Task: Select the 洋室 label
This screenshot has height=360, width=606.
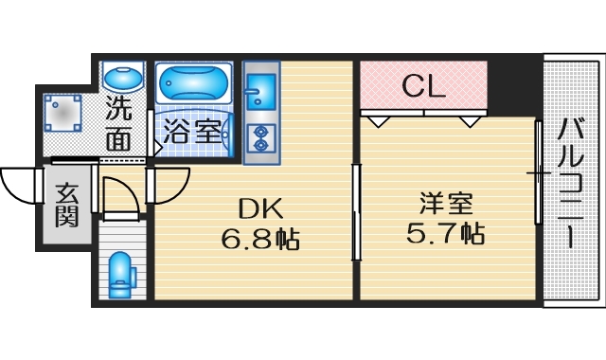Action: pos(446,204)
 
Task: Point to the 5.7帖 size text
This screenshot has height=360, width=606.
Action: pos(447,234)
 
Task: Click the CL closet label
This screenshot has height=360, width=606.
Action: pos(423,87)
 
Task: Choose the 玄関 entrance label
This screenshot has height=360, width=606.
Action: pos(66,206)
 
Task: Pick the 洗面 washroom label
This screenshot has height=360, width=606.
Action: pos(118,123)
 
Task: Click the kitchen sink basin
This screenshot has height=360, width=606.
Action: pos(257,91)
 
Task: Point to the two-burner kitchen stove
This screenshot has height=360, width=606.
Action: pos(258,136)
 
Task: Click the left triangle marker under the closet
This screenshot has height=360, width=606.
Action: pos(378,121)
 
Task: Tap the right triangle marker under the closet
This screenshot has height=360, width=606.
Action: pos(469,121)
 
